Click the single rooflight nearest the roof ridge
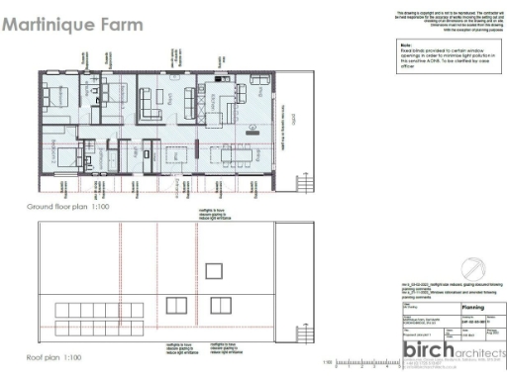tap(213, 271)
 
